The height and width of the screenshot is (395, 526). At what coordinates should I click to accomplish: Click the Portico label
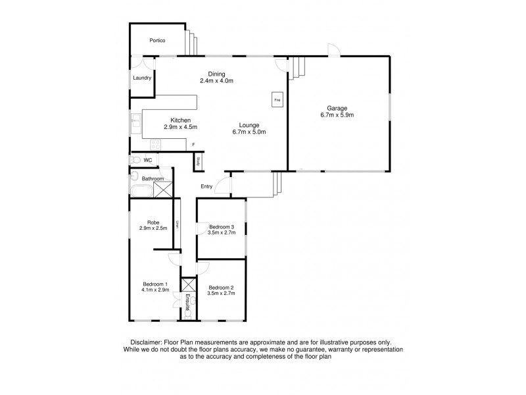tap(156, 41)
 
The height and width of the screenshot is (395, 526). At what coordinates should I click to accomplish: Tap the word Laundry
tap(142, 78)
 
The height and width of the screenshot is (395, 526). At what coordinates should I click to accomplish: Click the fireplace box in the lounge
tap(277, 100)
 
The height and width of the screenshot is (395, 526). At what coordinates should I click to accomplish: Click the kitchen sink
tap(136, 123)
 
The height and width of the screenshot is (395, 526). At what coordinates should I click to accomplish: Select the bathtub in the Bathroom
tap(140, 192)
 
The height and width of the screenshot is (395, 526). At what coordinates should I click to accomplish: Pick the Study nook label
tap(197, 161)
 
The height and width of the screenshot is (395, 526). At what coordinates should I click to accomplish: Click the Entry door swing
tap(224, 186)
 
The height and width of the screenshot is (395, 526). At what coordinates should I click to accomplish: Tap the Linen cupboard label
tap(177, 224)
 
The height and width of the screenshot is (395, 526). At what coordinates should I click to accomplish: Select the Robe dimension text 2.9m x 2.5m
tap(154, 228)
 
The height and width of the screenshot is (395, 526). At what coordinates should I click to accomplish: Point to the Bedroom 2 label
tap(221, 288)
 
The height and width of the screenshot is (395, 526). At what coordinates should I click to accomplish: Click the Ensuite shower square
tap(189, 285)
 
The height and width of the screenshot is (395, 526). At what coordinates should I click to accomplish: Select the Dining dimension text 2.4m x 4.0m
tap(217, 81)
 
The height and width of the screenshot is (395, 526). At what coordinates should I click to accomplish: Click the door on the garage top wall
tap(332, 51)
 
